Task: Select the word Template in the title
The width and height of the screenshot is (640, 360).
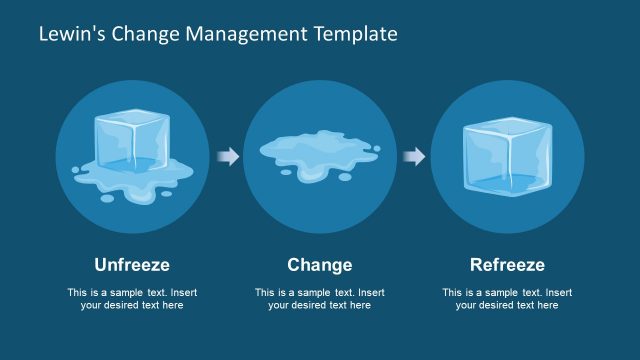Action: pyautogui.click(x=350, y=34)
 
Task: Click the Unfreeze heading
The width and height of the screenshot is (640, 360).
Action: pyautogui.click(x=132, y=265)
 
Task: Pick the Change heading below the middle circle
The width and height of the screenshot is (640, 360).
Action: pyautogui.click(x=320, y=265)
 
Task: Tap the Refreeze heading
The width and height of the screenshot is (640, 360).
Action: pyautogui.click(x=507, y=265)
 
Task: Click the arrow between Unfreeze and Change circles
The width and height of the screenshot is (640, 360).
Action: pyautogui.click(x=228, y=156)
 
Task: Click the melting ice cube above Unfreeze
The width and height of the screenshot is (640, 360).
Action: pyautogui.click(x=131, y=150)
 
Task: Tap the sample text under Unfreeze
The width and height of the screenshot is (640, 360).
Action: pyautogui.click(x=132, y=299)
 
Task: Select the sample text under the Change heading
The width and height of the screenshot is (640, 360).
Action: pyautogui.click(x=320, y=299)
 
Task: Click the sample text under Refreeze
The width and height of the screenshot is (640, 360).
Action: pyautogui.click(x=507, y=299)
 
